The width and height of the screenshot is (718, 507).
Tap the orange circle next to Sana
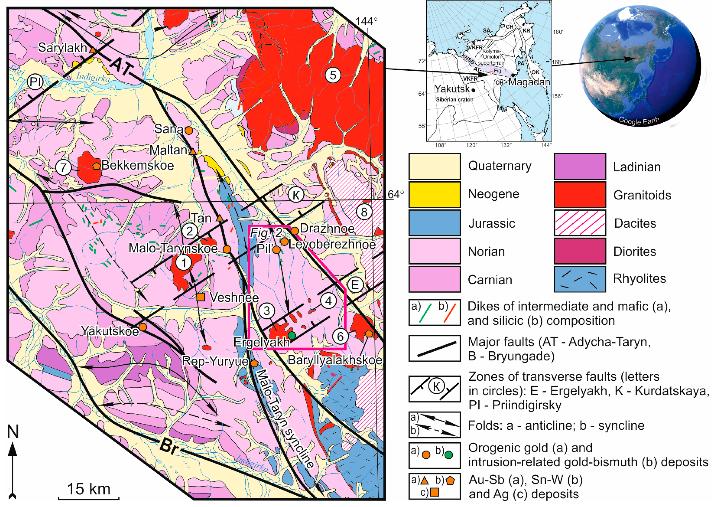pos(189,130)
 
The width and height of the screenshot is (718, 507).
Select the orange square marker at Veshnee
pos(200,297)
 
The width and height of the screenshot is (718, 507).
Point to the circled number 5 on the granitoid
pos(333,75)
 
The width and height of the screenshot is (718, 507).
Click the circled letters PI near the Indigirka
pos(35,82)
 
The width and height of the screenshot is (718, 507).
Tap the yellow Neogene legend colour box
pos(434,194)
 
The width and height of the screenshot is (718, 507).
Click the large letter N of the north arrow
pos(13,432)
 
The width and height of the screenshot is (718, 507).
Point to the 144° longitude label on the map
pos(366,21)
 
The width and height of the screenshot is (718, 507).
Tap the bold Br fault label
pos(169,447)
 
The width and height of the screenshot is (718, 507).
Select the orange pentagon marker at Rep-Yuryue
pos(254,363)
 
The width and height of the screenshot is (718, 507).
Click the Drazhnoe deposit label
pos(327,228)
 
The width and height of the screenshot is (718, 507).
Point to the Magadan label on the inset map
pos(529,82)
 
